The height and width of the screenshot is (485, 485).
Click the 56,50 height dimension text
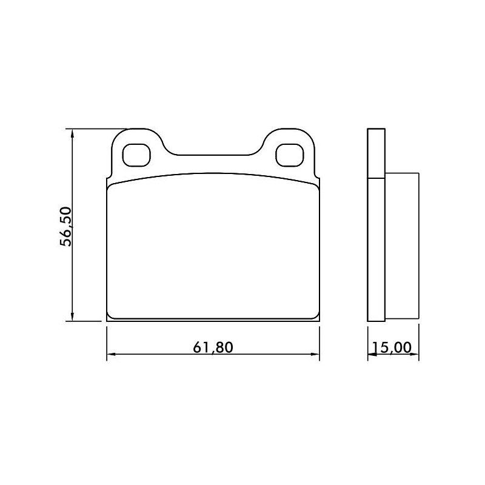[65, 227]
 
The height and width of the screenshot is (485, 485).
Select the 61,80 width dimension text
[213, 347]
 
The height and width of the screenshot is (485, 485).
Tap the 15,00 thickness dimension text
[392, 347]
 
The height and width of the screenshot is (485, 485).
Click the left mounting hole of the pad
[136, 155]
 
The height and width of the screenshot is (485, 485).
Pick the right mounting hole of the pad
[290, 155]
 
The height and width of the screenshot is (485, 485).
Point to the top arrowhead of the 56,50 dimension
[72, 133]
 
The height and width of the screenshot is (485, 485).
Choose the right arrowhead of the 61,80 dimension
[315, 354]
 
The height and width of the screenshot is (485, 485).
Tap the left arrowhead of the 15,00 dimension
[372, 354]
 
